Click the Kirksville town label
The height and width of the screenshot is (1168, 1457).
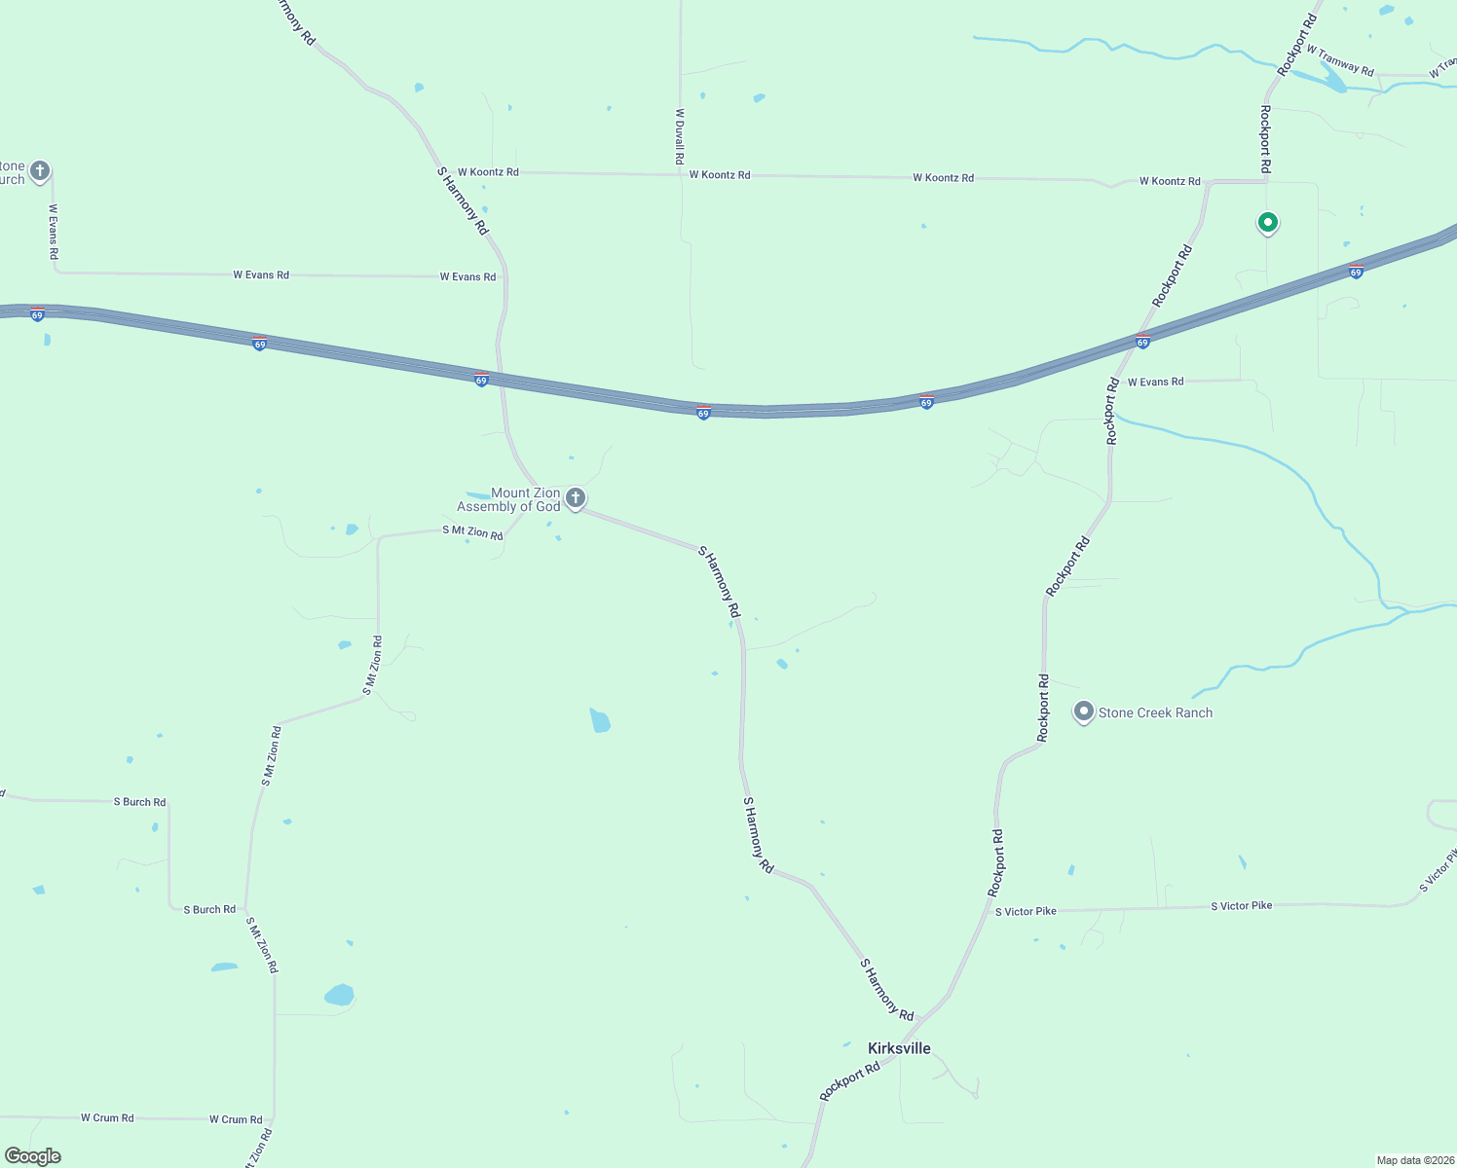coord(899,1048)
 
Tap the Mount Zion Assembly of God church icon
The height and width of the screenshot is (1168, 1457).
coord(576,499)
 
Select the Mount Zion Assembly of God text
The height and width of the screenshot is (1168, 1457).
coord(509,499)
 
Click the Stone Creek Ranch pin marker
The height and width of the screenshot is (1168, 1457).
coord(1083,712)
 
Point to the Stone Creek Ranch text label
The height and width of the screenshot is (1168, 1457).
coord(1155,712)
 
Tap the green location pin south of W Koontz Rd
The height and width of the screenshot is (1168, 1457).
coord(1267,223)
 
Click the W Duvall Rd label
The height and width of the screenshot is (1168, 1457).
coord(680,135)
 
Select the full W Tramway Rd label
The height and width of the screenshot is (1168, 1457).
coord(1340,60)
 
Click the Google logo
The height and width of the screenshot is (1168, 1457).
coord(33,1156)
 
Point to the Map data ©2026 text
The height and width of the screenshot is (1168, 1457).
coord(1414,1160)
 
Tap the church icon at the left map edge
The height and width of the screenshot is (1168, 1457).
coord(40,171)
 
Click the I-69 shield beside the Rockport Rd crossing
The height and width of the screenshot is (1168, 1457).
coord(1142,342)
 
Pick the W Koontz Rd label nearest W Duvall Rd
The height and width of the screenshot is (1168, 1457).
coord(719,175)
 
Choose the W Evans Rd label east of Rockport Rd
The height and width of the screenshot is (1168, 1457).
coord(1155,382)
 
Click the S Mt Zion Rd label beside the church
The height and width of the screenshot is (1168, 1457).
coord(472,531)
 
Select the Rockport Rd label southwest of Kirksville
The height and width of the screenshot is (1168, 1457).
coord(849,1081)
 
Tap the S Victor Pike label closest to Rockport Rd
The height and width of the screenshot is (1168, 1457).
coord(1026,911)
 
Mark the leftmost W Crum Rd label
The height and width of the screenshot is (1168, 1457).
coord(107,1117)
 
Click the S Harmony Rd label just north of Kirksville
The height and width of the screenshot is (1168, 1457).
coord(886,989)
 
